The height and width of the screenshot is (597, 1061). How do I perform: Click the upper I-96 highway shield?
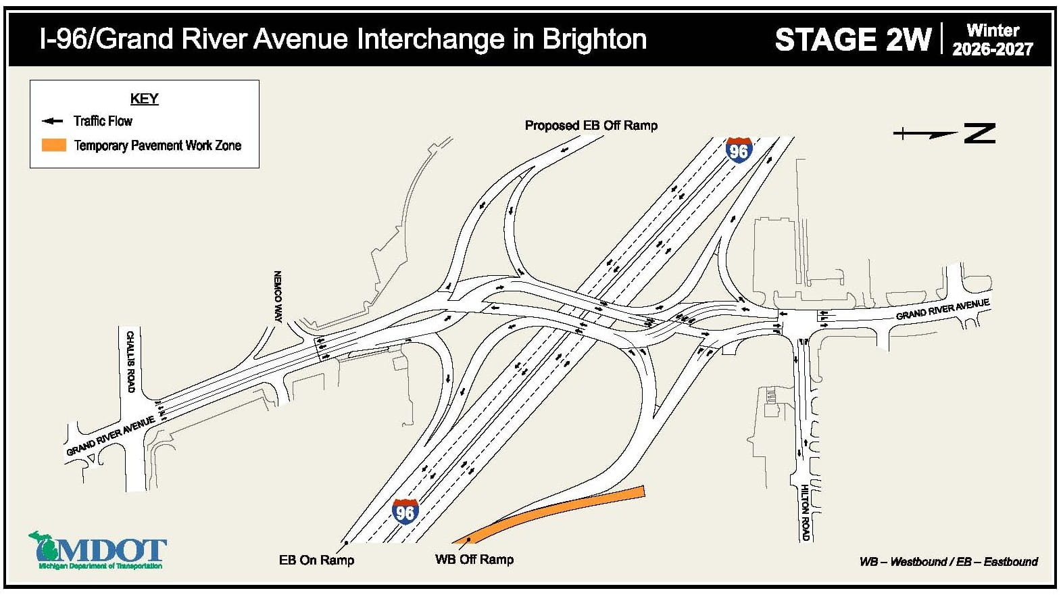click(x=739, y=149)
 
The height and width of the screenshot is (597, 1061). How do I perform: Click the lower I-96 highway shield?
click(x=405, y=512)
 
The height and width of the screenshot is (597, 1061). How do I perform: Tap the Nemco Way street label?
click(x=278, y=297)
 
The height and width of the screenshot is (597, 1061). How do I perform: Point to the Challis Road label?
click(x=130, y=362)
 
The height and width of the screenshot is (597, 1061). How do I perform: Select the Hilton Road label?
click(x=805, y=512)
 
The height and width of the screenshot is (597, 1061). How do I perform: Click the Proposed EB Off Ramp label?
click(x=591, y=126)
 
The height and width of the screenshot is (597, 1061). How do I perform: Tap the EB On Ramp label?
click(x=316, y=560)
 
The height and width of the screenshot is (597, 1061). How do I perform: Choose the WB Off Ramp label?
click(x=474, y=560)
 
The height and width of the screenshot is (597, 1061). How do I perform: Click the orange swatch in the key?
click(x=54, y=145)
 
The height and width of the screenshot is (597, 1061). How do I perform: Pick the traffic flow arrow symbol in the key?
click(x=53, y=122)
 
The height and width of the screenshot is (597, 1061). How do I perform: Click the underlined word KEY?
click(x=144, y=99)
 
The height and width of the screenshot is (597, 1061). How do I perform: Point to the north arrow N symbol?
click(x=979, y=133)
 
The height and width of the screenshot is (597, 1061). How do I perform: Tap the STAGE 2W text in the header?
click(x=853, y=40)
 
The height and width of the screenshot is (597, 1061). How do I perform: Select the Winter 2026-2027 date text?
click(x=992, y=40)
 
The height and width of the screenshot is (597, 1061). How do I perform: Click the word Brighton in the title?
click(x=595, y=39)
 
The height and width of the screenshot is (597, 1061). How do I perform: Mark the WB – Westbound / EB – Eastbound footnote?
click(x=948, y=562)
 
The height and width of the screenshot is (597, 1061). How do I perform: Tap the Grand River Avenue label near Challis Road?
click(x=110, y=436)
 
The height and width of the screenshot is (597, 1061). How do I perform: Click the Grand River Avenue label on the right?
click(x=943, y=309)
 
